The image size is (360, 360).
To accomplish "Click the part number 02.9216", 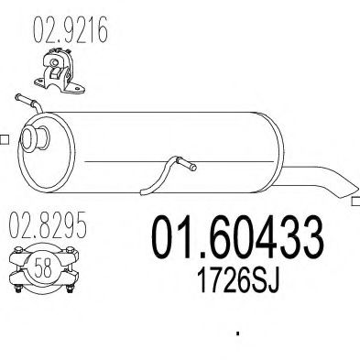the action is click(71, 29).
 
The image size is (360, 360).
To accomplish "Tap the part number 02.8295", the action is click(48, 225).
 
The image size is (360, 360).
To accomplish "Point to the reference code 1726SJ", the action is click(238, 280).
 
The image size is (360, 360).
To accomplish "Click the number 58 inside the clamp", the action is click(43, 267).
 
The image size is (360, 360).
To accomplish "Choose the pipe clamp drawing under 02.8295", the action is click(44, 268).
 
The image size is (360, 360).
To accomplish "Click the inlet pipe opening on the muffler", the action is click(34, 139).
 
